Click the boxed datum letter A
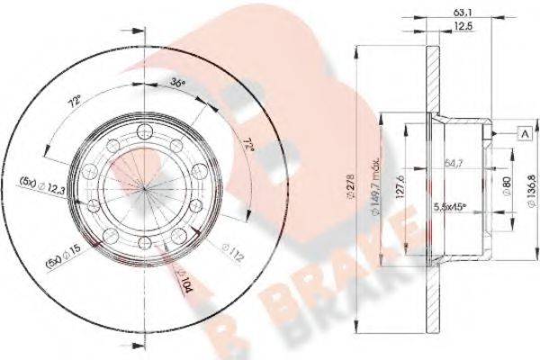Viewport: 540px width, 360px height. pos(522,134)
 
